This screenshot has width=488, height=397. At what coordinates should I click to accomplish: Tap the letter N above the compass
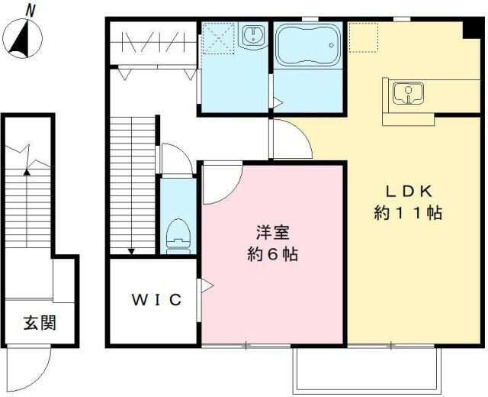click(x=30, y=10)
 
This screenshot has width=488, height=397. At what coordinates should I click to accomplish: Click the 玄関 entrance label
click(x=40, y=323)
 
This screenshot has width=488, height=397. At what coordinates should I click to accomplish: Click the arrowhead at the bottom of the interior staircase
click(x=132, y=251)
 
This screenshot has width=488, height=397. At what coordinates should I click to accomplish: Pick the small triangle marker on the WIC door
click(x=207, y=286)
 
